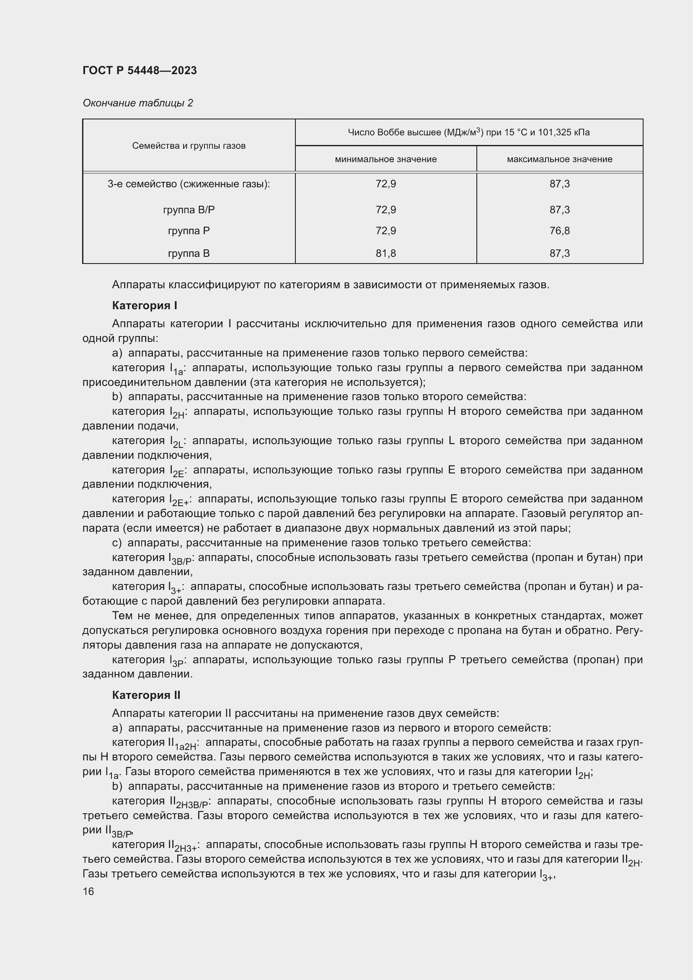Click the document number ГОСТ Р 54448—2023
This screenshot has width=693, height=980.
(x=140, y=70)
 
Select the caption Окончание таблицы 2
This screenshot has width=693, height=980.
(x=137, y=103)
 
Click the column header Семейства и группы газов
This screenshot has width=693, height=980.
(x=189, y=146)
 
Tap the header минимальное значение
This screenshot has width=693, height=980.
(x=385, y=159)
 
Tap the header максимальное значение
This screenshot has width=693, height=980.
(x=559, y=159)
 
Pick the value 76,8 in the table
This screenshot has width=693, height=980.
(x=559, y=231)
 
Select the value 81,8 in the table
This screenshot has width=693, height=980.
(x=385, y=253)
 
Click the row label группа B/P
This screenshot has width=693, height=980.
(x=189, y=210)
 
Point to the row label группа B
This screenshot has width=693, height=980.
(x=189, y=253)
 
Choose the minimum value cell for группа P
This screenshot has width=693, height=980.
(x=385, y=231)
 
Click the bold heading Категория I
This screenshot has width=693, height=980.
(x=144, y=305)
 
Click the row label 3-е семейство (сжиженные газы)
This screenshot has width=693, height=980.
(x=189, y=184)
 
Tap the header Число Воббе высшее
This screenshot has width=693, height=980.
(x=468, y=132)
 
